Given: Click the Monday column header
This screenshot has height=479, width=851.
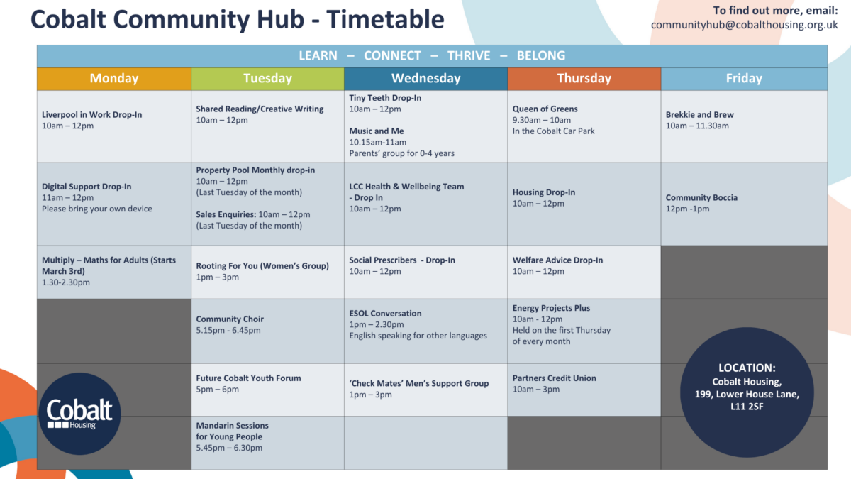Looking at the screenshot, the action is click(x=114, y=78).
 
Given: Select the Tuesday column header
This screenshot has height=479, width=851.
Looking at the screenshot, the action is click(x=268, y=78).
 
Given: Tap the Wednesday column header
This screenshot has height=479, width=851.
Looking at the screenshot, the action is click(x=426, y=78).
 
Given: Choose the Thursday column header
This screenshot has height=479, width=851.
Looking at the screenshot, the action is click(x=584, y=78).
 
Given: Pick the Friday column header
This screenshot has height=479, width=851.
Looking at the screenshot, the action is click(x=744, y=78).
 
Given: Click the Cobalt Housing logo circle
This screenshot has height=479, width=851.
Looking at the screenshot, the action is click(x=79, y=414).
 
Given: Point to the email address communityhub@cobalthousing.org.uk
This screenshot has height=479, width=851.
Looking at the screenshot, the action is click(x=744, y=25).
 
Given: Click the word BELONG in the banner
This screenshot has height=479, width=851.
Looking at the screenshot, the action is click(x=541, y=55).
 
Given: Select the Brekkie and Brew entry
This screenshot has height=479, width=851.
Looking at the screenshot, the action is click(x=700, y=120).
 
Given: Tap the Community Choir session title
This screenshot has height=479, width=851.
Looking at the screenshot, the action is click(x=230, y=319).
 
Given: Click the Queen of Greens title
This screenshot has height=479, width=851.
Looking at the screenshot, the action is click(x=545, y=109).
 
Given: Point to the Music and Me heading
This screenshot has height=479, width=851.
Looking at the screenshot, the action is click(x=377, y=131).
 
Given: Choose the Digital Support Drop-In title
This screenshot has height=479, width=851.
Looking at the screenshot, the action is click(x=87, y=186).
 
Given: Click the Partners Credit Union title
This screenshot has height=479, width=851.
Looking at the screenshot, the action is click(x=555, y=378).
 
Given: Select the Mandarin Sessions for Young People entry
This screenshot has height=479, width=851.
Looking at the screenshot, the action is click(x=232, y=436).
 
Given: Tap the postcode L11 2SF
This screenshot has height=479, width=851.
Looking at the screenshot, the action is click(x=747, y=407).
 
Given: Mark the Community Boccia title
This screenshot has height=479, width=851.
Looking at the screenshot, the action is click(x=701, y=197).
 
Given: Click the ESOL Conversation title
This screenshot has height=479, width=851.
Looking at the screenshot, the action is click(x=385, y=313).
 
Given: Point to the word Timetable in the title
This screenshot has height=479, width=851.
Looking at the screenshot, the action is click(x=385, y=19).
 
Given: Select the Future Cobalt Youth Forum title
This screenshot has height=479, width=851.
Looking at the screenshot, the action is click(x=248, y=378).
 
